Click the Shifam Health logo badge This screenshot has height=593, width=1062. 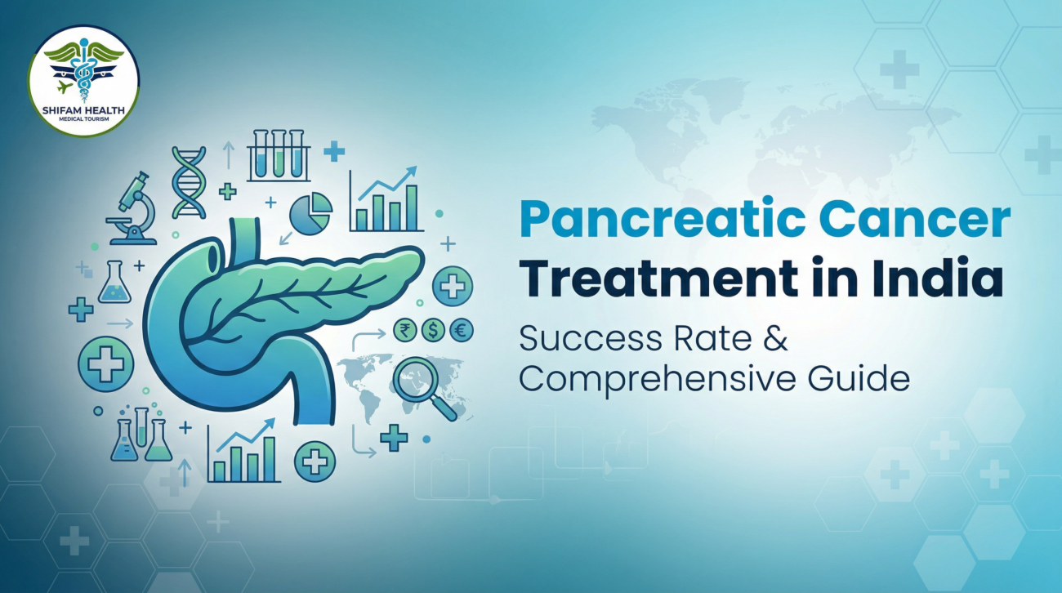click(x=83, y=80)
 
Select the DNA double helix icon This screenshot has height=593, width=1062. click(x=189, y=181)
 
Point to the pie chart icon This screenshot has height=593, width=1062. click(x=310, y=214)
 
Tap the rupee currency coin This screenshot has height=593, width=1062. click(x=404, y=330)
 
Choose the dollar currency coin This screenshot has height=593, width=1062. click(x=433, y=330)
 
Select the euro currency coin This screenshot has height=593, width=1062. click(x=462, y=330)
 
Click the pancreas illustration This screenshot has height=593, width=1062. click(x=270, y=310)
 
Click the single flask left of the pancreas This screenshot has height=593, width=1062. click(x=114, y=283)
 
